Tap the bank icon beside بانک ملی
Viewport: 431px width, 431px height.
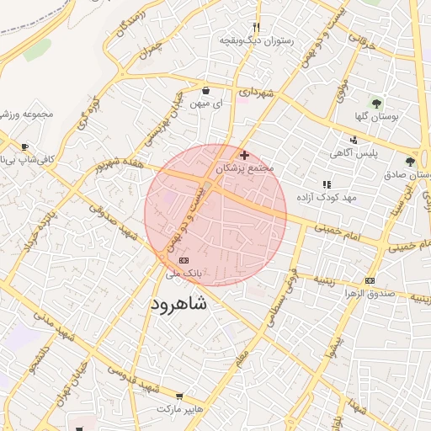point(184,261)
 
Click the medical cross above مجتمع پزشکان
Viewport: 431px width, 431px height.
point(244,155)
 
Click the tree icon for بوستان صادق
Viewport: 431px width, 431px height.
point(410,161)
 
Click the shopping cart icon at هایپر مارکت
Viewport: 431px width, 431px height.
point(179,395)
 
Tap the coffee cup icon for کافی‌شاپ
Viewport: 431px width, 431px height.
point(24,146)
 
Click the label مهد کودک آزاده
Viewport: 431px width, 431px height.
point(327,197)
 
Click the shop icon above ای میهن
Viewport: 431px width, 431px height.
point(206,90)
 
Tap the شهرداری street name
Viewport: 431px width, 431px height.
point(255,92)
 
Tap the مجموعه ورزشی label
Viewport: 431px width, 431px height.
point(27,114)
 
